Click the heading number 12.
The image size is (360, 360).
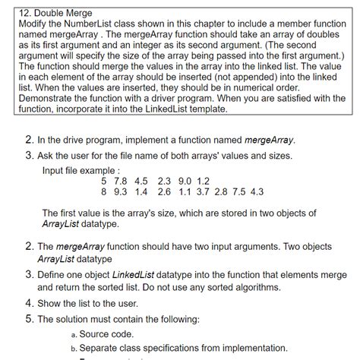pyautogui.click(x=23, y=12)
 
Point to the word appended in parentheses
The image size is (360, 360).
pyautogui.click(x=255, y=77)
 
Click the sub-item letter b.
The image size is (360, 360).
pyautogui.click(x=73, y=349)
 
